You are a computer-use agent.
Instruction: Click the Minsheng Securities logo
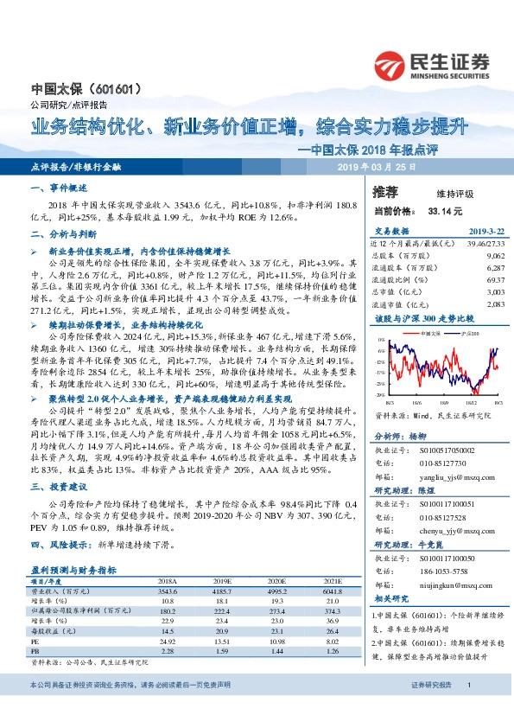(x=431, y=63)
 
